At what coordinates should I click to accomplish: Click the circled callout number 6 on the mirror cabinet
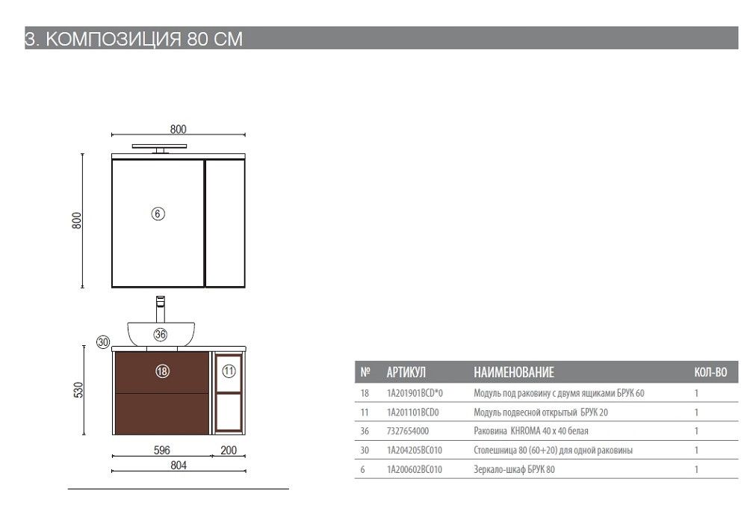tap(158, 214)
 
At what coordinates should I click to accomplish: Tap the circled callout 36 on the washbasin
tap(161, 335)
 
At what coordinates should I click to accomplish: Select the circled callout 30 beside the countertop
tap(103, 341)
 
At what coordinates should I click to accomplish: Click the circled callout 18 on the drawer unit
tap(162, 371)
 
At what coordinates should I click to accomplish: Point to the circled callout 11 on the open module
tap(229, 371)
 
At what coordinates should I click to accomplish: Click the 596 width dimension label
tap(162, 450)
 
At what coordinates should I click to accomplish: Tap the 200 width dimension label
tap(229, 450)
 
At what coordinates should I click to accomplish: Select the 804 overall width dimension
tap(179, 465)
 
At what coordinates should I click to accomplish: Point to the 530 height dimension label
tap(78, 390)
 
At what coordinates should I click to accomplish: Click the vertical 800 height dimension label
tap(77, 220)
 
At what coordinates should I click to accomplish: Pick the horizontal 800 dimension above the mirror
tap(179, 129)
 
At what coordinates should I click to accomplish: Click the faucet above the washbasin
tap(161, 309)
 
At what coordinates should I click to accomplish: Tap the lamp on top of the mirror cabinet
tap(159, 148)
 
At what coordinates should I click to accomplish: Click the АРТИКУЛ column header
tap(406, 372)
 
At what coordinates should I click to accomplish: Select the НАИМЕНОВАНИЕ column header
tap(514, 372)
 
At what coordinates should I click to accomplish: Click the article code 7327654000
tap(408, 431)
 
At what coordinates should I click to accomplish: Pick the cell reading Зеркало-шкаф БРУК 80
tap(515, 469)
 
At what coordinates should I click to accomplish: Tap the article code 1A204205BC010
tap(415, 450)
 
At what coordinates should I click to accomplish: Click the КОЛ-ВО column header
tap(711, 372)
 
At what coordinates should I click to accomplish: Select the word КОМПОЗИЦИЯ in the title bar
tap(114, 39)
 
